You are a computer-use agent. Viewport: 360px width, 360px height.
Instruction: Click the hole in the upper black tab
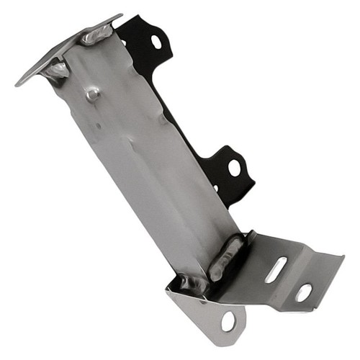[x=156, y=41]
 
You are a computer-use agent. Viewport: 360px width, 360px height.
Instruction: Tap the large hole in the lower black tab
[x=234, y=168]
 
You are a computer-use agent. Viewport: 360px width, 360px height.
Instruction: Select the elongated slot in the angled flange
[x=275, y=269]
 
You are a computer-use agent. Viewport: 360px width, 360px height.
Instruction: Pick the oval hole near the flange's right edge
[x=304, y=292]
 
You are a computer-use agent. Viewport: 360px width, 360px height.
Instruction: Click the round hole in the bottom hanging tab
[x=228, y=321]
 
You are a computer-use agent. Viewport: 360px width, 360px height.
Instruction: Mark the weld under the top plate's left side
[x=56, y=71]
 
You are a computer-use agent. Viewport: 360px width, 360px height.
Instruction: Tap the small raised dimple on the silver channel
[x=91, y=94]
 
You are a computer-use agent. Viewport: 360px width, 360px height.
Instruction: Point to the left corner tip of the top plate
[x=17, y=84]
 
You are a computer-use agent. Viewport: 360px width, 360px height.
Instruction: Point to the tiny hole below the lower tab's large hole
[x=217, y=189]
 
